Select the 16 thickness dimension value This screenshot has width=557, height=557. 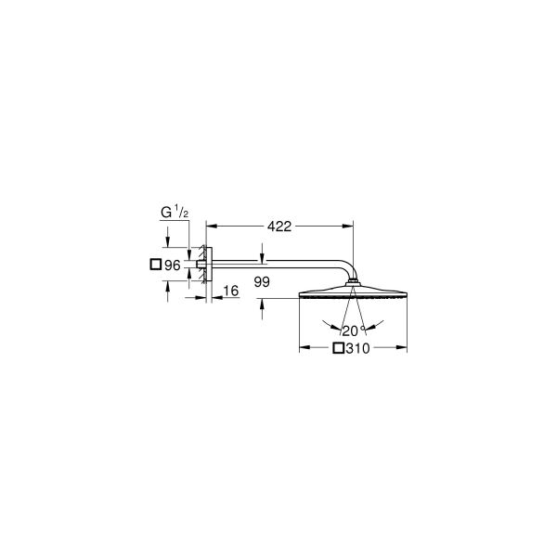point(230,291)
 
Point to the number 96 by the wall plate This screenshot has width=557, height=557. point(171,265)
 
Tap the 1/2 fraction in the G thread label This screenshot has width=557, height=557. point(182,214)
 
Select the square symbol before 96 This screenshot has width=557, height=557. point(155,265)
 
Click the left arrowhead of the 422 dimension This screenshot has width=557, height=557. point(210,226)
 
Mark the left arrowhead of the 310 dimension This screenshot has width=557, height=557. point(302,350)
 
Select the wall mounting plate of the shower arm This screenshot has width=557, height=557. point(208,265)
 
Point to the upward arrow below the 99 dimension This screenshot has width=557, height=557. point(264,305)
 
